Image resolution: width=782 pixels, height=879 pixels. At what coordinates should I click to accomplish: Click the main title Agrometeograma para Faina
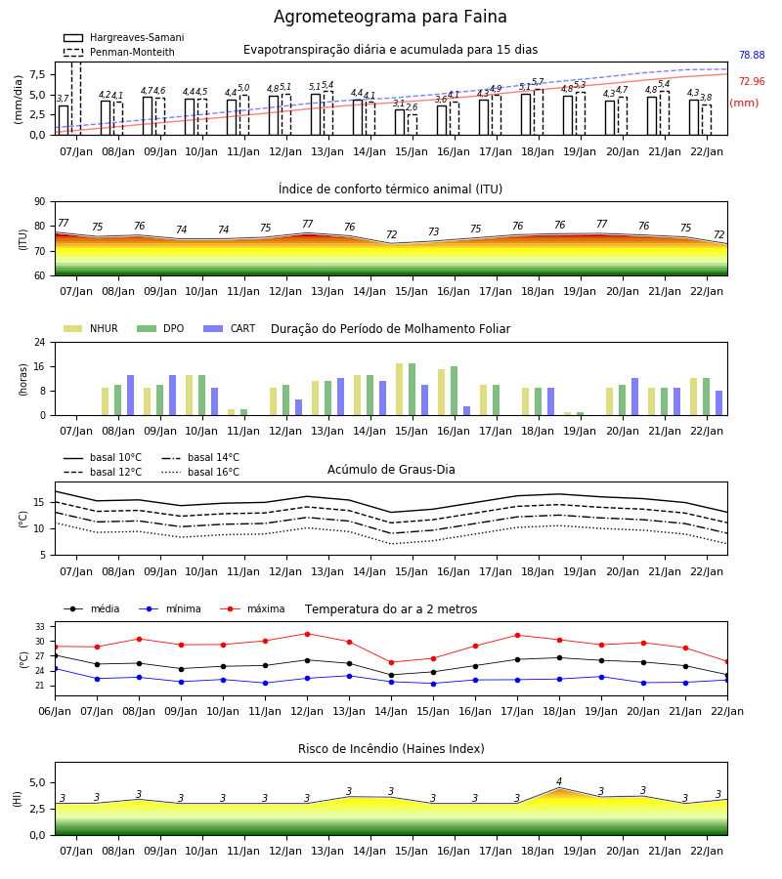(x=390, y=17)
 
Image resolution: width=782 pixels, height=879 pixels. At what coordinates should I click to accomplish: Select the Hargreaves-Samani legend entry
(x=124, y=37)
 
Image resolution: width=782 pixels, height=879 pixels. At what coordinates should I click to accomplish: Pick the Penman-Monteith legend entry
(x=119, y=52)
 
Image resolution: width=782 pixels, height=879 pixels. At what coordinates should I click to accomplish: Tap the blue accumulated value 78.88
(x=752, y=55)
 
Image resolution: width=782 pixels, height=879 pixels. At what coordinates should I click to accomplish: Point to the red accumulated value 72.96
(x=752, y=81)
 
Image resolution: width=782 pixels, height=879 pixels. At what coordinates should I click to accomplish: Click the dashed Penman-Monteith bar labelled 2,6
(x=413, y=124)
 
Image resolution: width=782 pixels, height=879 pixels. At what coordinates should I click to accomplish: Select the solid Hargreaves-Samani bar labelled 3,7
(x=64, y=120)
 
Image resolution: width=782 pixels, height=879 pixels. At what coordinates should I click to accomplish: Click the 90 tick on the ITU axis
(x=40, y=202)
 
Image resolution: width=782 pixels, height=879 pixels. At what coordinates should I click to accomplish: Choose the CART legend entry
(x=230, y=328)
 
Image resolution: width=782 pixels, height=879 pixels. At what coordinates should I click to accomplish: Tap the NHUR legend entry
(x=91, y=328)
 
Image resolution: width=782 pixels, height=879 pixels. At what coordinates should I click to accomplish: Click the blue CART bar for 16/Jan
(x=466, y=411)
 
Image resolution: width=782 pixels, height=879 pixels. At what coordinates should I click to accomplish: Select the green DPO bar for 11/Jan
(x=244, y=412)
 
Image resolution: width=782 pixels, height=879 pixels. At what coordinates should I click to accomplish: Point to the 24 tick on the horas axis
(x=40, y=342)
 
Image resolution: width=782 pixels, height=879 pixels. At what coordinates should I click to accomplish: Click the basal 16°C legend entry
(x=200, y=472)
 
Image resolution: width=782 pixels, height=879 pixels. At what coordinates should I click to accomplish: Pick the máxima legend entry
(x=252, y=608)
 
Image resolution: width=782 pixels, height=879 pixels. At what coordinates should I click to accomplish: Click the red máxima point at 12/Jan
(x=307, y=634)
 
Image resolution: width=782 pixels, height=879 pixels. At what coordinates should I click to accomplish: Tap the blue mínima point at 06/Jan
(x=56, y=669)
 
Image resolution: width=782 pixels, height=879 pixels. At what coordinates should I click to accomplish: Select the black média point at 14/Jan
(x=392, y=675)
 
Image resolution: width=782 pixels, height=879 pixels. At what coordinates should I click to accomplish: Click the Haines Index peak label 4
(x=559, y=781)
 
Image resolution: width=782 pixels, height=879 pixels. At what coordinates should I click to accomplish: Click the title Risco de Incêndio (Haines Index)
(x=391, y=749)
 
